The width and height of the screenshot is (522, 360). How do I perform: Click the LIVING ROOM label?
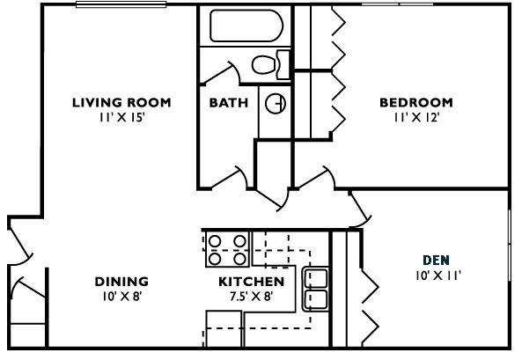121,103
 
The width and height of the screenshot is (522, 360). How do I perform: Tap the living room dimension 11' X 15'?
121,117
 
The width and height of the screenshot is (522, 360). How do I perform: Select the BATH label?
228,103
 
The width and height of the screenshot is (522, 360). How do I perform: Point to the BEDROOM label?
415,103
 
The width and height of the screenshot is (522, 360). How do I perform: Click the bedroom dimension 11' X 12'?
415,117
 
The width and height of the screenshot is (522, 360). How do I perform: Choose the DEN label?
435,260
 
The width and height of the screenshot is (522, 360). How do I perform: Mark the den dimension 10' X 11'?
437,276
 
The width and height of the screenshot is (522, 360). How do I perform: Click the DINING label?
121,282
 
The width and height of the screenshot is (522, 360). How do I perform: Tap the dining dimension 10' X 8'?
121,297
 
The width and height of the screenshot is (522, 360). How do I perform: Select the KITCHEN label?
251,282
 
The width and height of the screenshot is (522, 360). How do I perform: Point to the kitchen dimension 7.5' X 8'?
251,297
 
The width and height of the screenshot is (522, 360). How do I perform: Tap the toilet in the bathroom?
268,64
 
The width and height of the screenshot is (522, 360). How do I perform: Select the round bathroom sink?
276,103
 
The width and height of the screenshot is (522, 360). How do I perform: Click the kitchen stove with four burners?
227,249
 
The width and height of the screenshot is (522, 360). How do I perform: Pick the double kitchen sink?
316,289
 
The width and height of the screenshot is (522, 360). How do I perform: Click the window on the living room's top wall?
121,5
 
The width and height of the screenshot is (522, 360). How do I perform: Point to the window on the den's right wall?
510,255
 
